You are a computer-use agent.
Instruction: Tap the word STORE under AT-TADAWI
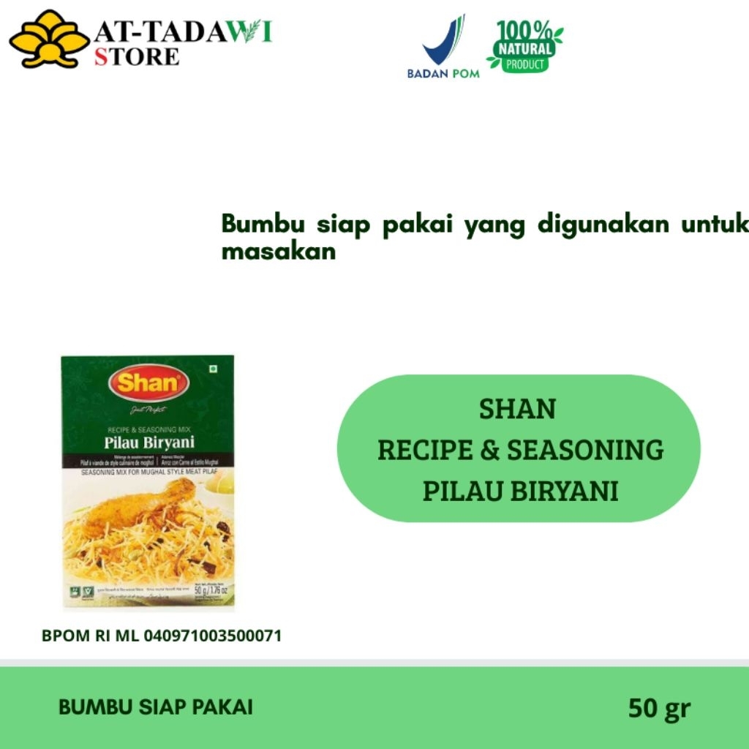[136, 56]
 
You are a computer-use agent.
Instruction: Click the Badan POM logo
[443, 48]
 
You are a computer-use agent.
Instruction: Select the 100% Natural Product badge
[524, 46]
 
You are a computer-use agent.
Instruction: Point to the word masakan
[278, 252]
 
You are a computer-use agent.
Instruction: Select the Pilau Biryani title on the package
[148, 442]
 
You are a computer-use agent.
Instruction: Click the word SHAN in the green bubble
[517, 409]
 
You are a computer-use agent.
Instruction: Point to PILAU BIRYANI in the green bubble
[520, 491]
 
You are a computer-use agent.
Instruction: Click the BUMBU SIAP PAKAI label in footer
[156, 707]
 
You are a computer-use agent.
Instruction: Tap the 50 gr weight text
[659, 708]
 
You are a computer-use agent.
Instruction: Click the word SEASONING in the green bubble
[585, 450]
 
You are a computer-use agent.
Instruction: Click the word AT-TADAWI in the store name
[184, 32]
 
